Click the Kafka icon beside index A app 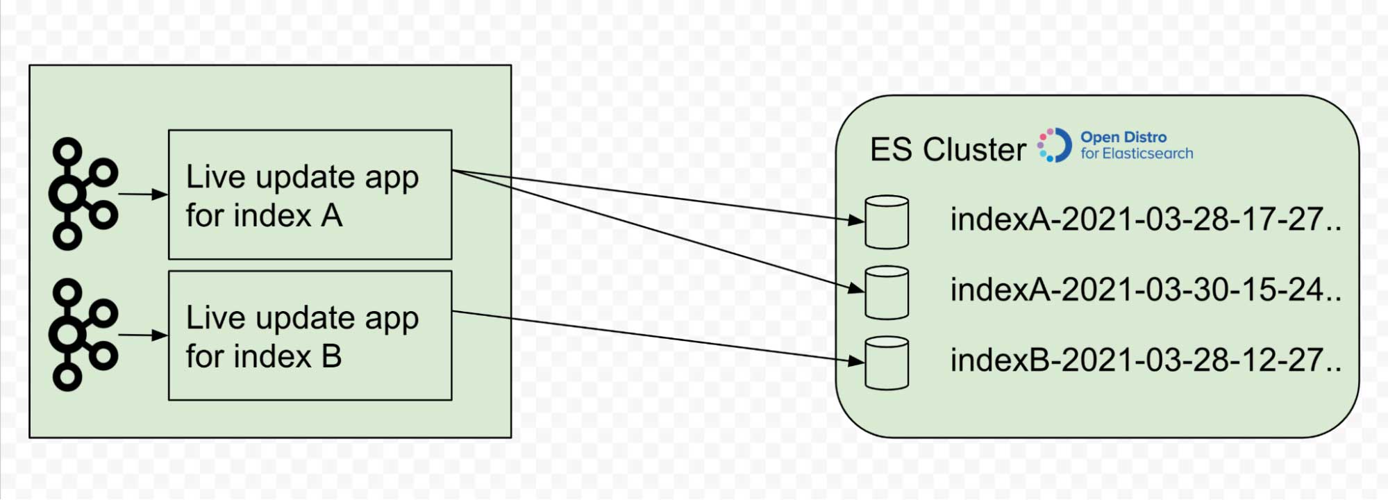click(x=83, y=194)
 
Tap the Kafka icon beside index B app click(x=83, y=335)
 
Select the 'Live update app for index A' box click(x=310, y=194)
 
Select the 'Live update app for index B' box click(x=310, y=335)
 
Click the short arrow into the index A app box click(x=143, y=194)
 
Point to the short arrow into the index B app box click(x=143, y=335)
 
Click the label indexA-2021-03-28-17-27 click(x=1145, y=219)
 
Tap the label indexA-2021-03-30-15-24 click(x=1145, y=290)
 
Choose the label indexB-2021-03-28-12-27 click(x=1145, y=360)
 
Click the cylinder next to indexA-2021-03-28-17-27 click(x=887, y=222)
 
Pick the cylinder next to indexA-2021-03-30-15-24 click(x=887, y=292)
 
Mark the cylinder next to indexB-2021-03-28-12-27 click(x=887, y=363)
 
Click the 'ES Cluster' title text click(x=947, y=149)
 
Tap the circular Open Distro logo click(x=1055, y=145)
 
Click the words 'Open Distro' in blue click(x=1123, y=137)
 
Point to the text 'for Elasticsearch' click(x=1137, y=153)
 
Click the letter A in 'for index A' click(x=332, y=216)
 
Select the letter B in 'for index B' click(x=332, y=357)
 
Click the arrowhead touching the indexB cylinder click(x=856, y=360)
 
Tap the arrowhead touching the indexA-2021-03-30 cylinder click(x=856, y=288)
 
